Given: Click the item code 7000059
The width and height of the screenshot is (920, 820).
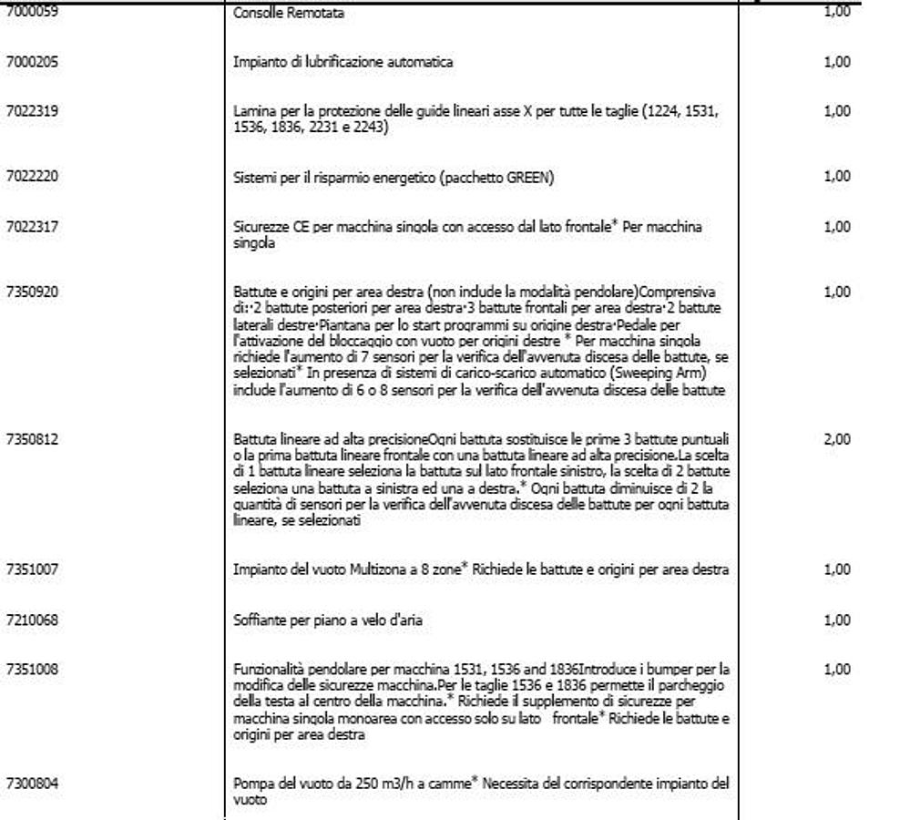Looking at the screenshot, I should click(32, 13).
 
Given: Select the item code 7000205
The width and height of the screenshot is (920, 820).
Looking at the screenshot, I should click(32, 62).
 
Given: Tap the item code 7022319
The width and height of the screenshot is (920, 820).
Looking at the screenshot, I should click(32, 111).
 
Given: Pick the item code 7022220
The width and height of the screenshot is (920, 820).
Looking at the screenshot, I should click(32, 177).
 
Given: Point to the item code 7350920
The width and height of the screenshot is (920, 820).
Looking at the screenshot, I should click(32, 292).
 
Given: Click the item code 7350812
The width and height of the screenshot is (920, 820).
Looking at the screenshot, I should click(32, 439).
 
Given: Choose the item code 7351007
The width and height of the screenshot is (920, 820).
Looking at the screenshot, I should click(32, 569).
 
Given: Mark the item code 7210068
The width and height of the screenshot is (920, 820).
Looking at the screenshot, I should click(32, 620).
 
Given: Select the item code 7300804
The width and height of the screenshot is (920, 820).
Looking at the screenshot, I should click(32, 783).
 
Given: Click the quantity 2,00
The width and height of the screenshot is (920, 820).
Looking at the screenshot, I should click(836, 439).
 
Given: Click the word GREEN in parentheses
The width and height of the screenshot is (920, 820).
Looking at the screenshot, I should click(526, 178).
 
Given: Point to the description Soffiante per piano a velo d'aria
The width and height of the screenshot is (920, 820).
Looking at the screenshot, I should click(327, 620).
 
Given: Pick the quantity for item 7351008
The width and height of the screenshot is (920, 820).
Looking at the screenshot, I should click(836, 670).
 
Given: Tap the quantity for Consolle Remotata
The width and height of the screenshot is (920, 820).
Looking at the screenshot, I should click(836, 12).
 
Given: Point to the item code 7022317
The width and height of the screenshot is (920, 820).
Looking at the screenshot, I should click(32, 226).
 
